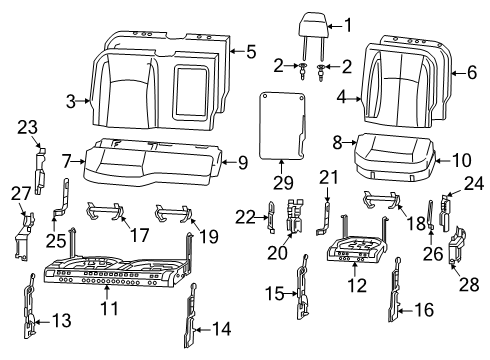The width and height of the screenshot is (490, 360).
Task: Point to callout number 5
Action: point(252,50)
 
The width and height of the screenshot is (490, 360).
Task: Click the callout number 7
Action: point(65,161)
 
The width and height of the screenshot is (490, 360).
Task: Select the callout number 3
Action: point(72,100)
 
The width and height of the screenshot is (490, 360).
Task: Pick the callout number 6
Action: point(473,72)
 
